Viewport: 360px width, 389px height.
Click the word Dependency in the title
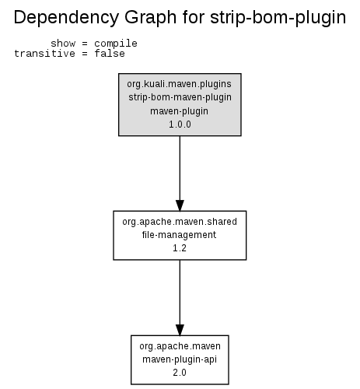[66, 18]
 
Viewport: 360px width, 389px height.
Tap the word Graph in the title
[151, 18]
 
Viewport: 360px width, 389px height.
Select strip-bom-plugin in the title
[278, 18]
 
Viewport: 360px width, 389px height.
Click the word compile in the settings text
[116, 44]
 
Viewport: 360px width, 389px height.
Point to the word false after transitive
[110, 54]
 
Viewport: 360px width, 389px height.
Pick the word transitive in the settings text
[44, 54]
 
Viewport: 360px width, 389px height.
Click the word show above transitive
[63, 44]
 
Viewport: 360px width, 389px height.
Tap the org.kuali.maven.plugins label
[179, 84]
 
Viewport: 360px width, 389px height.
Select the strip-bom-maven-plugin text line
[180, 97]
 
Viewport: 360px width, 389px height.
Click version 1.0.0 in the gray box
[180, 124]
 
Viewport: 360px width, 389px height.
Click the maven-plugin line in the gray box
[179, 111]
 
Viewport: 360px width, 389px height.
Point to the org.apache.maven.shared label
[180, 222]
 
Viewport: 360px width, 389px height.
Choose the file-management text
[179, 235]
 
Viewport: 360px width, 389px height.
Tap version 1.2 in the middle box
[180, 248]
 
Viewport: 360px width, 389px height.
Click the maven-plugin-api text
[180, 359]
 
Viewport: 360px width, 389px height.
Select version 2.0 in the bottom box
[180, 373]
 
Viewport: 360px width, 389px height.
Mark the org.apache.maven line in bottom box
[180, 346]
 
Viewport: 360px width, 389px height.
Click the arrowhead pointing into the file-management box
[180, 205]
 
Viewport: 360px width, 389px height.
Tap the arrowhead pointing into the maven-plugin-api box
[180, 330]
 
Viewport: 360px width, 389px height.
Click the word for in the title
[194, 18]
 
